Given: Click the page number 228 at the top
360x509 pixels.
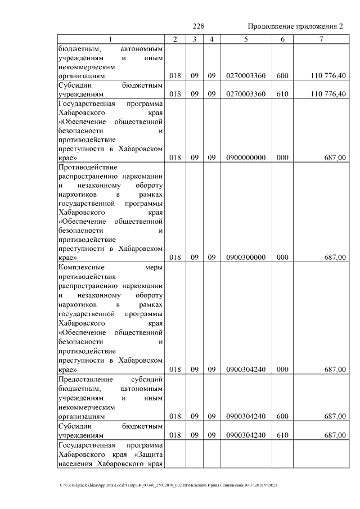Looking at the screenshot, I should pos(198,27).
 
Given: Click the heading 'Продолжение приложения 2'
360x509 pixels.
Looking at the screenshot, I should pos(295,27).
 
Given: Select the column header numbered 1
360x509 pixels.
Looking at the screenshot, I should pos(111,39).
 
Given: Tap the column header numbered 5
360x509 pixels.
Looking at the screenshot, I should pos(245,39).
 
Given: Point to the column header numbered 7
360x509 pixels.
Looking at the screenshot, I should pos(321,39).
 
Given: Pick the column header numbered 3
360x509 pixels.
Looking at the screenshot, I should pos(193,39).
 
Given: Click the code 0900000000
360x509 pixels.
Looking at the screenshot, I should pos(245,159).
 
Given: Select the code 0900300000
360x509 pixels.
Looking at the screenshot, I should pos(245,258).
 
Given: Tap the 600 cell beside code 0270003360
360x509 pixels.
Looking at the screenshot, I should pos(282,75).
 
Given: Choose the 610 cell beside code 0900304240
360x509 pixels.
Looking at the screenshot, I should pos(282,435).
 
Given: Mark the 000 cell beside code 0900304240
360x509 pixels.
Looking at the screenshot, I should pos(282,370).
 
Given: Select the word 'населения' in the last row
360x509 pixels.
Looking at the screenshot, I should pos(75,464).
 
